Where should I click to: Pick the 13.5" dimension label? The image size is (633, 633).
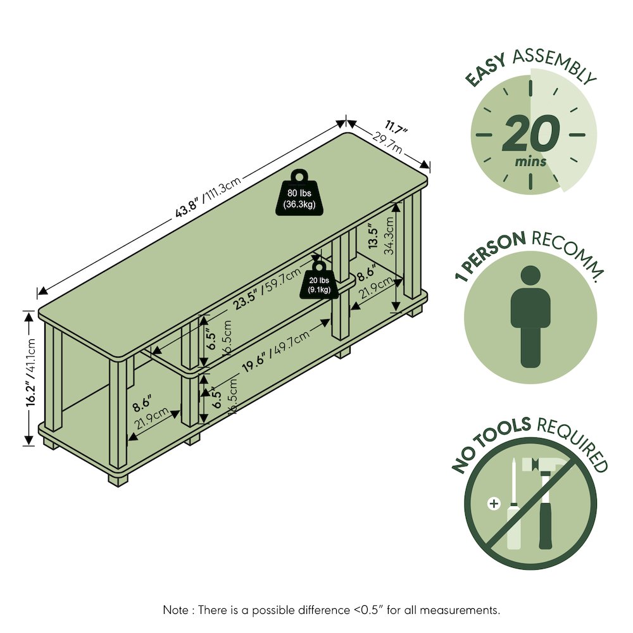coord(373,237)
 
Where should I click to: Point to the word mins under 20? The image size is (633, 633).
coord(530,161)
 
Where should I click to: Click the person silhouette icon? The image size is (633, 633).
coord(530,316)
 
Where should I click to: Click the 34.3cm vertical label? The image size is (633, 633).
coord(389,235)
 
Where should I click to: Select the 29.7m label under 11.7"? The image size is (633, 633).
coord(387,142)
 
